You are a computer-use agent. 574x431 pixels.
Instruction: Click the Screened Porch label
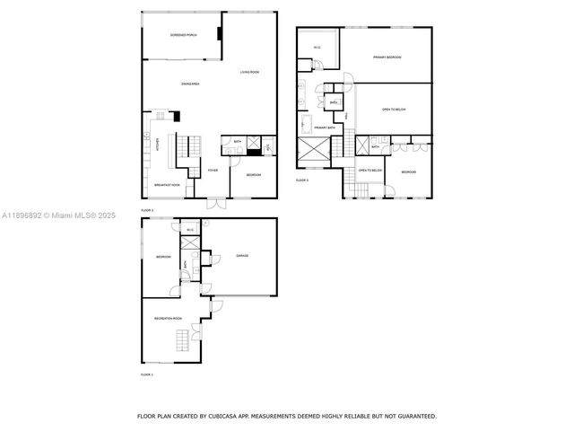184,35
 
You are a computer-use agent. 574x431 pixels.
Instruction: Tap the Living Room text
248,72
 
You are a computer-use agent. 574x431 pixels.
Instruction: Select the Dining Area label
190,84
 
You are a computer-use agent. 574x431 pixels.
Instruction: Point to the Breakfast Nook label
167,185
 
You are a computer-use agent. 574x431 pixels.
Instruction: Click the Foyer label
213,171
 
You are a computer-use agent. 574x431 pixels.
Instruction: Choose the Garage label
242,256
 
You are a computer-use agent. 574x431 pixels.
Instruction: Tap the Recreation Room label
168,318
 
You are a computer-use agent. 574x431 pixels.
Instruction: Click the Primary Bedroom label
387,57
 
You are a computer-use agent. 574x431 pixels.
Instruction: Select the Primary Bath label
325,128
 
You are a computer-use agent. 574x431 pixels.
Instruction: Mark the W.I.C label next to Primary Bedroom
317,48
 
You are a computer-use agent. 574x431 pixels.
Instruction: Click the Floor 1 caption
146,374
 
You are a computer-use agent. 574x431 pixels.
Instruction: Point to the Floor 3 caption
302,180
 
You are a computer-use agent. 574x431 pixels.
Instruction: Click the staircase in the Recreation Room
183,340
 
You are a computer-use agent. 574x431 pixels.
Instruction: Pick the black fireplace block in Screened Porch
218,35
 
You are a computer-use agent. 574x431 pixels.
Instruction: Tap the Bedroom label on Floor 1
163,257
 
